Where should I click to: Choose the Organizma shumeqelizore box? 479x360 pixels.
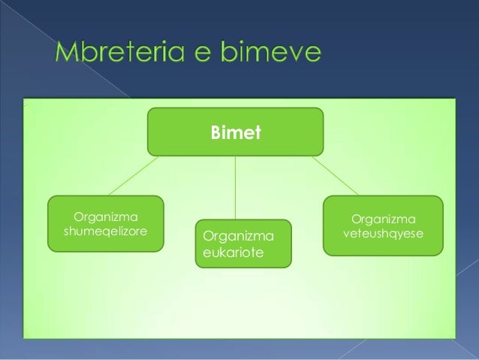[x=107, y=223]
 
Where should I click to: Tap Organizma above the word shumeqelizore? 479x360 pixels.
[x=107, y=216]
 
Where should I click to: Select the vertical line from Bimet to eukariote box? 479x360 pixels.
[x=236, y=187]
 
